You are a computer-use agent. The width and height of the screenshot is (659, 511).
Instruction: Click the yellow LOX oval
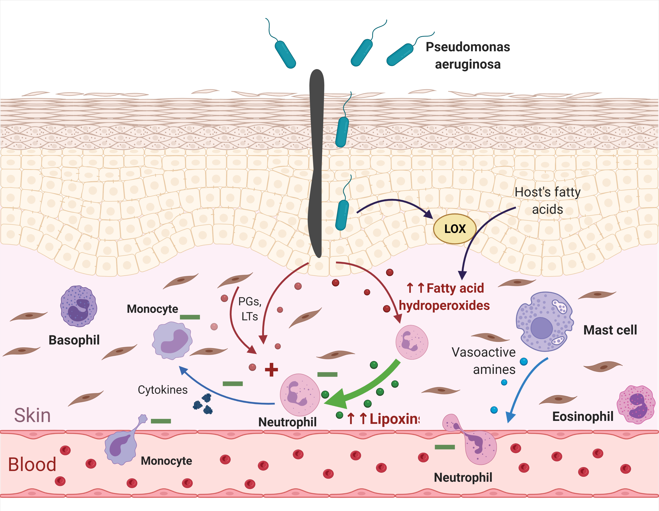tap(455, 229)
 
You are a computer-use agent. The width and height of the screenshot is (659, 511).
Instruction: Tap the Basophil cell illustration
tap(79, 306)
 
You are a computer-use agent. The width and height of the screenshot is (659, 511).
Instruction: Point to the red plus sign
tap(271, 370)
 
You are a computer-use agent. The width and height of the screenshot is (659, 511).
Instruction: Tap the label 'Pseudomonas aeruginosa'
tap(468, 56)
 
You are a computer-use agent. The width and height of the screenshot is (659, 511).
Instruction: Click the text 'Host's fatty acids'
tap(547, 201)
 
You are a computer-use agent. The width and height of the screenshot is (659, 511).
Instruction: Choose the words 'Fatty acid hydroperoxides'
tap(444, 297)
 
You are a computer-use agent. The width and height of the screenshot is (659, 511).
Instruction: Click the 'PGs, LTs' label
tap(249, 309)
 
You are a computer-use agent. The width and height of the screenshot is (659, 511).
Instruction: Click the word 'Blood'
tap(32, 465)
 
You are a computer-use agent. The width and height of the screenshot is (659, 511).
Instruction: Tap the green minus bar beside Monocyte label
tap(190, 317)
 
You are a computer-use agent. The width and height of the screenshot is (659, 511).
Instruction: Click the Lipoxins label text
tap(383, 419)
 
